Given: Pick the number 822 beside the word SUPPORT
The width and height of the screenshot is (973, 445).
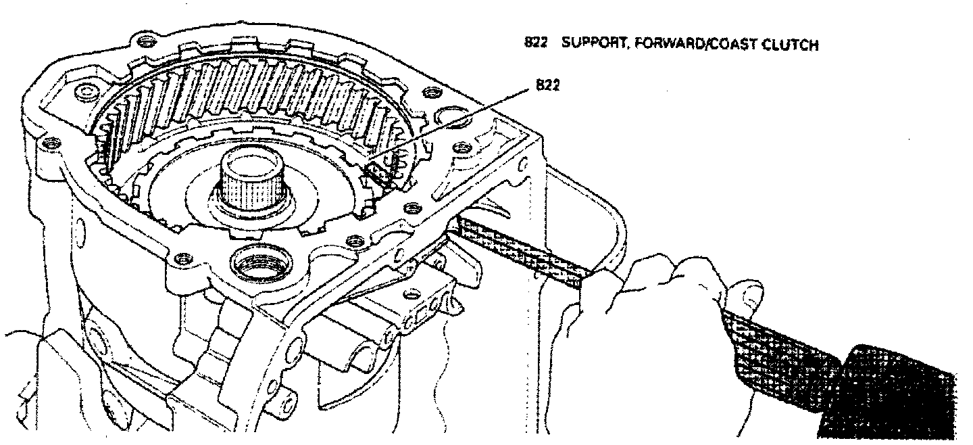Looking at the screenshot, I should click(535, 45).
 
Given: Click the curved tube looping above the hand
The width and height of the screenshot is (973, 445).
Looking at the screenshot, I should click(608, 203).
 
